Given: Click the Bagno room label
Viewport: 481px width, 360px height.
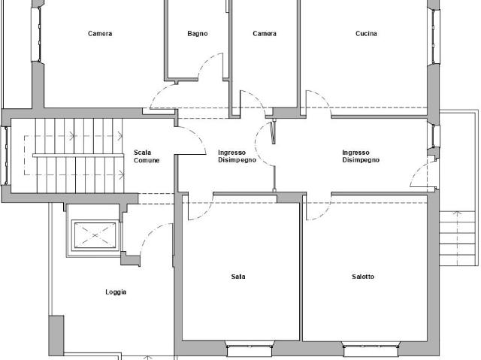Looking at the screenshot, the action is [197, 33].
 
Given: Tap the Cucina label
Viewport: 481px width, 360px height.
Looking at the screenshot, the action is [366, 33].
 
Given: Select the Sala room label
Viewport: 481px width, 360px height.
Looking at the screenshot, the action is [238, 277].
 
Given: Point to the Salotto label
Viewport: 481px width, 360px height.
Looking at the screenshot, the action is [363, 277].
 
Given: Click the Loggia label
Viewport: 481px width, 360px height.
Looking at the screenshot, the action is [116, 292].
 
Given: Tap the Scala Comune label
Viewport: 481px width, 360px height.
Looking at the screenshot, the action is [147, 156].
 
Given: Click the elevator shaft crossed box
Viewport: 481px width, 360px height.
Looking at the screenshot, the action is [95, 235].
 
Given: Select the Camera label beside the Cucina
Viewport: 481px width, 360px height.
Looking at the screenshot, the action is [265, 33].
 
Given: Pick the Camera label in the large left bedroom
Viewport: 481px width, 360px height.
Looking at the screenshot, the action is [100, 33].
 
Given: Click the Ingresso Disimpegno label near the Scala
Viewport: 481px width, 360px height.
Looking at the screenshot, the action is [237, 156].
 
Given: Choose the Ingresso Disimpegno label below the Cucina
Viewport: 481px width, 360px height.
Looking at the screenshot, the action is [361, 156].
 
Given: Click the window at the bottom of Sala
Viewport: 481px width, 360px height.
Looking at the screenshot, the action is [250, 349].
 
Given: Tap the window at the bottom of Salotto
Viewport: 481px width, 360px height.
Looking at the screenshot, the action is [371, 349].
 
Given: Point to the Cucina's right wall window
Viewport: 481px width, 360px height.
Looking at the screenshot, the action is [434, 36].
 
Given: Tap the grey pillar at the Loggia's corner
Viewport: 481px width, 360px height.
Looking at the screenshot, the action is [56, 335].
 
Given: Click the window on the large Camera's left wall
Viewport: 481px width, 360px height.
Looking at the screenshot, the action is [36, 34].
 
